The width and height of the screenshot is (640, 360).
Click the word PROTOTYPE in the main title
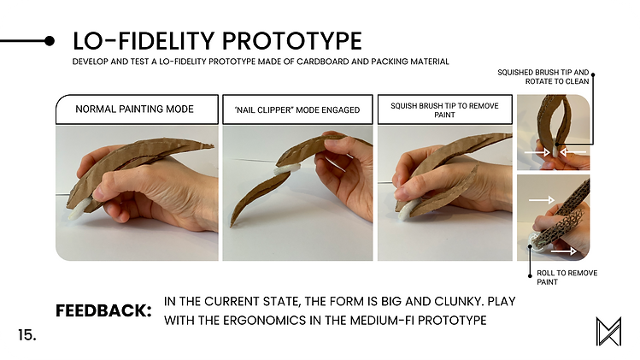click(292, 41)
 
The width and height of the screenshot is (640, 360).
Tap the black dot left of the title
click(49, 41)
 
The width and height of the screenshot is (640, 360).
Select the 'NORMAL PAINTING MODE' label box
click(137, 109)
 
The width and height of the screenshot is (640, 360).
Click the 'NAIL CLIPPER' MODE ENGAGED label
click(297, 109)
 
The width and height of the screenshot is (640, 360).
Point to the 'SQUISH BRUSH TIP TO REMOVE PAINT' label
click(444, 109)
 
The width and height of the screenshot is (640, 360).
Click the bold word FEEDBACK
click(103, 311)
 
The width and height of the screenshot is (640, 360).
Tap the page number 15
click(27, 335)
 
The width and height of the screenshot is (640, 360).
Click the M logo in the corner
click(608, 331)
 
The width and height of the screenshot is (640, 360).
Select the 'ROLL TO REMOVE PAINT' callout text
click(567, 277)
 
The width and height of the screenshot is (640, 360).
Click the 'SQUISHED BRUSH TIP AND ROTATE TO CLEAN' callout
click(543, 77)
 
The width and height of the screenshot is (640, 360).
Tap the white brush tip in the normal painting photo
click(77, 210)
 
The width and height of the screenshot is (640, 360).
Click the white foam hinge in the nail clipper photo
click(285, 169)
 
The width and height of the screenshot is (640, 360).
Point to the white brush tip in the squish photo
click(407, 210)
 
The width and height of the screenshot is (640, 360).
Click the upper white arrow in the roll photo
click(542, 200)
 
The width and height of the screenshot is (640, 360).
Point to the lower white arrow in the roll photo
click(563, 250)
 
